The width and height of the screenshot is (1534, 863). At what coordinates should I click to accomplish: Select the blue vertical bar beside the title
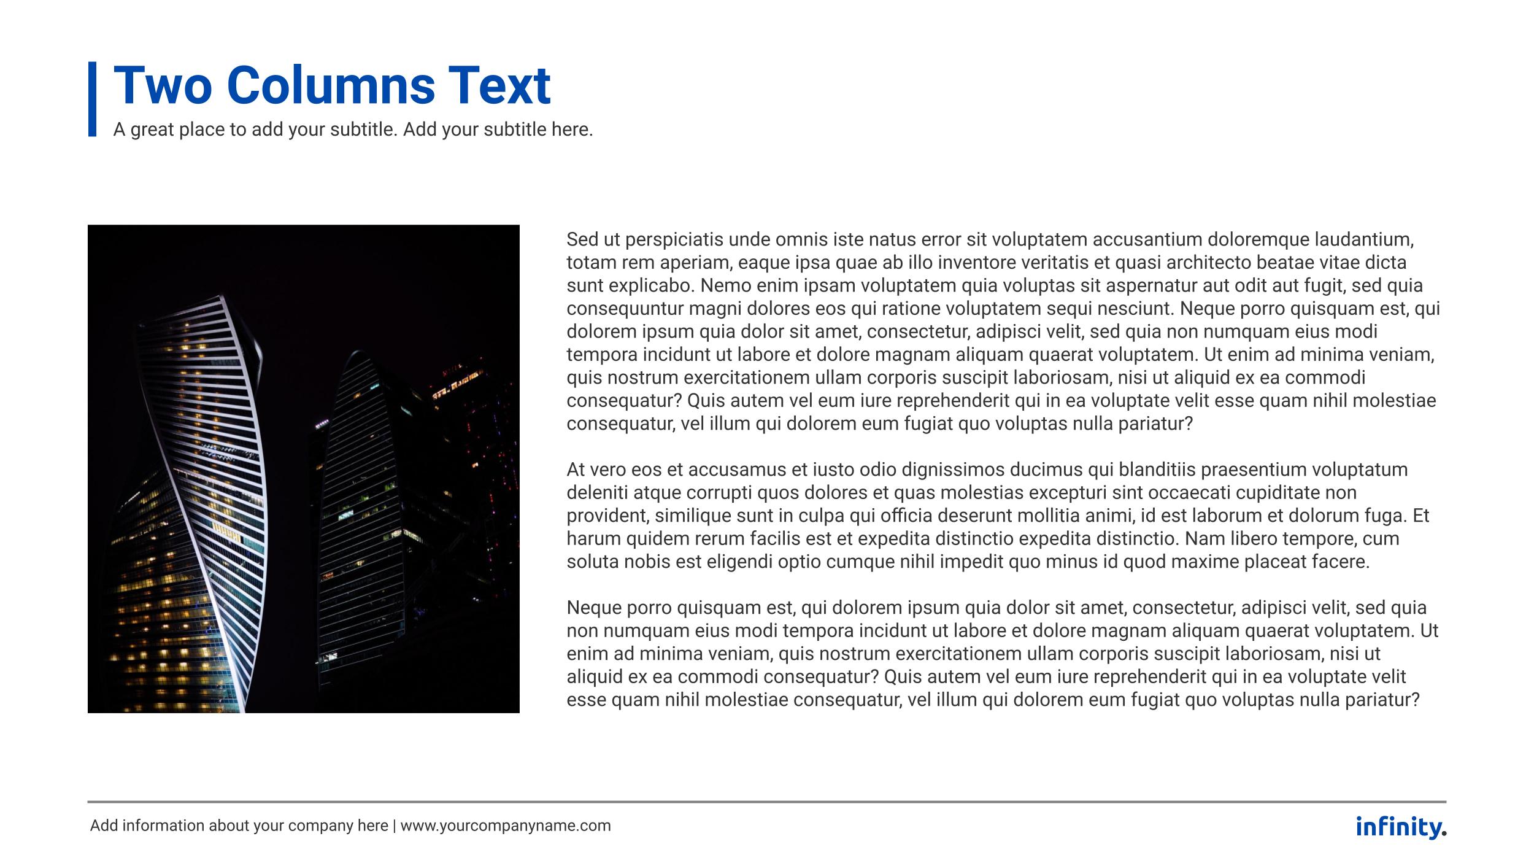point(93,98)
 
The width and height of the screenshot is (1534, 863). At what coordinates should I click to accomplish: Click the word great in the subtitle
point(152,130)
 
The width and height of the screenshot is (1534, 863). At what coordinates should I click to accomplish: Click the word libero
point(1255,539)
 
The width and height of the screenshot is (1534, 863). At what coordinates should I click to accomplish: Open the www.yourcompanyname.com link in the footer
point(506,826)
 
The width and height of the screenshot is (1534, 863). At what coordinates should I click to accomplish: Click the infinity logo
point(1400,827)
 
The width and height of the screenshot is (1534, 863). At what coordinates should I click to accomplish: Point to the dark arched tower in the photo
point(362,503)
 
